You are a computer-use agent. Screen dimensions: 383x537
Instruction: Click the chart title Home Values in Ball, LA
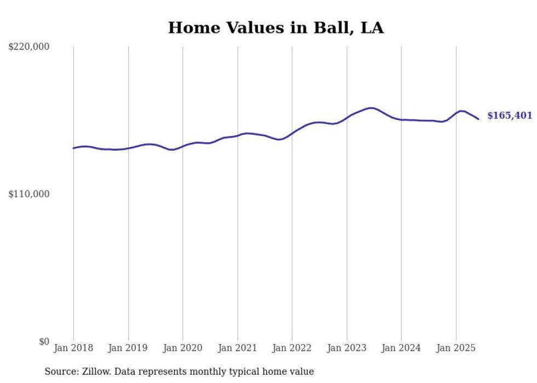pyautogui.click(x=276, y=28)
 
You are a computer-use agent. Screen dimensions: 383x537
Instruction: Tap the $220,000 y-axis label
pyautogui.click(x=29, y=47)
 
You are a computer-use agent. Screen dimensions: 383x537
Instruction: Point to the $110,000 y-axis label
pyautogui.click(x=29, y=194)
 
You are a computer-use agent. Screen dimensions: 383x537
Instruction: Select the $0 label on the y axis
pyautogui.click(x=44, y=341)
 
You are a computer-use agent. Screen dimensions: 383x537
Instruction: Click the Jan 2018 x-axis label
pyautogui.click(x=73, y=348)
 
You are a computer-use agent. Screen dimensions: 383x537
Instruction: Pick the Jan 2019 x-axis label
pyautogui.click(x=128, y=348)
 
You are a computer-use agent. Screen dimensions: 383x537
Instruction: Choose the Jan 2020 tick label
pyautogui.click(x=182, y=348)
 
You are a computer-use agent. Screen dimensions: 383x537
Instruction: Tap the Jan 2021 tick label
pyautogui.click(x=237, y=348)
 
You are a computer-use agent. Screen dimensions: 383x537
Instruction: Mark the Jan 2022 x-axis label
pyautogui.click(x=292, y=348)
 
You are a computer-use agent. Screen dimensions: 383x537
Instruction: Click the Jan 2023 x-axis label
pyautogui.click(x=346, y=348)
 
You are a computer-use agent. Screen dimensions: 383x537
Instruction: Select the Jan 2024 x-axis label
pyautogui.click(x=401, y=348)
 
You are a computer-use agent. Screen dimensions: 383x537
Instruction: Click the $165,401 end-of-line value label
pyautogui.click(x=509, y=116)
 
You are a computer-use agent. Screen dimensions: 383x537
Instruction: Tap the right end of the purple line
pyautogui.click(x=478, y=119)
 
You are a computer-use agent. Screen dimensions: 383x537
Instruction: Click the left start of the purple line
pyautogui.click(x=73, y=148)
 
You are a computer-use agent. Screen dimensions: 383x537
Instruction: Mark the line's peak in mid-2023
pyautogui.click(x=371, y=108)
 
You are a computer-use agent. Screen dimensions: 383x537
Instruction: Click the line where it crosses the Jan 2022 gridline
pyautogui.click(x=292, y=133)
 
